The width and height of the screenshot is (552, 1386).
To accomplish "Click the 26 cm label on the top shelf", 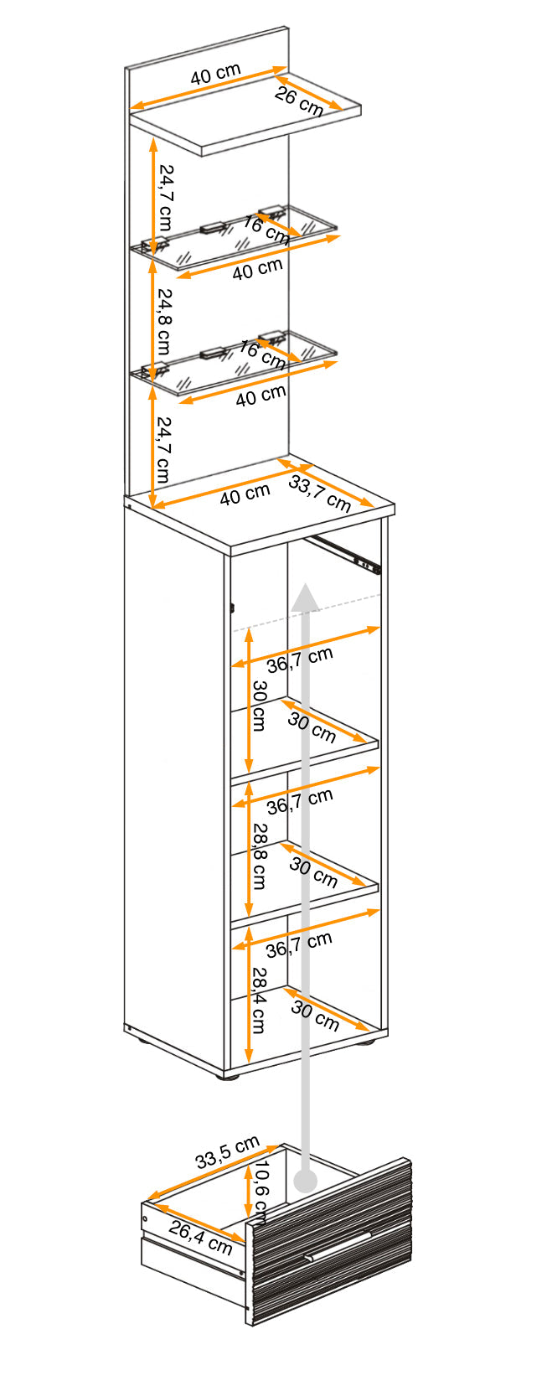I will (x=299, y=101).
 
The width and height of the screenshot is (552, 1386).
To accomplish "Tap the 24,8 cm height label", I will (x=163, y=321).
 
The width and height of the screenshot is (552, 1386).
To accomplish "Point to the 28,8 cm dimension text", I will (x=259, y=856).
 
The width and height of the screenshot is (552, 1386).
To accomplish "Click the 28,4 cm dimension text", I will (x=259, y=1000).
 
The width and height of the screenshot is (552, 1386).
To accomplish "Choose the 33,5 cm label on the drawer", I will (x=228, y=1154).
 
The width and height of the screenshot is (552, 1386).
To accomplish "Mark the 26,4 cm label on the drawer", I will (x=201, y=1237).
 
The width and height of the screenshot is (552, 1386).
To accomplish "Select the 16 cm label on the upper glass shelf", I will (x=266, y=230).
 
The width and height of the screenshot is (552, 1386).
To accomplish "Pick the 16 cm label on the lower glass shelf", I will (x=262, y=354).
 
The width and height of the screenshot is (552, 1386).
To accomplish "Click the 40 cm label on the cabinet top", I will (x=245, y=495).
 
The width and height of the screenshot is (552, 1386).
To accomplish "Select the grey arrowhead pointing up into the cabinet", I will (x=306, y=597).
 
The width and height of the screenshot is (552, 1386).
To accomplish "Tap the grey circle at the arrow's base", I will (x=306, y=1182).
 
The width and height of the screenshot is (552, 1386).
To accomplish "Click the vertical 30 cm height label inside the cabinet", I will (x=259, y=706).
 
